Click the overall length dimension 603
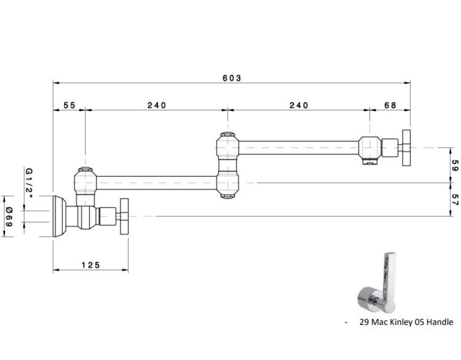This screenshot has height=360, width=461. (x=232, y=78)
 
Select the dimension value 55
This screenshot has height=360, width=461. (x=69, y=105)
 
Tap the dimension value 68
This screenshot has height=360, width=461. (x=390, y=105)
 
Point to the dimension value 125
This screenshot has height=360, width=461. (x=91, y=265)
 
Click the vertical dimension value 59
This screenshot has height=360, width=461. (x=455, y=165)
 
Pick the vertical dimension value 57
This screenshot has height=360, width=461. (x=455, y=200)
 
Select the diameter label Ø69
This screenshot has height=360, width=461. (x=9, y=217)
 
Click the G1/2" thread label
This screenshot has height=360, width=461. (x=29, y=183)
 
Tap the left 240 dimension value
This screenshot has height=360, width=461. (x=157, y=105)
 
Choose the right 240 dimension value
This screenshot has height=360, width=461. (x=299, y=105)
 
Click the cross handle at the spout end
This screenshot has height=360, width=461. (x=406, y=148)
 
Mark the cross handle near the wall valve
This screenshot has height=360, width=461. (x=124, y=217)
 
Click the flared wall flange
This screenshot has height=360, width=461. (x=59, y=216)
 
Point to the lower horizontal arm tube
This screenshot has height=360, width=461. (x=157, y=183)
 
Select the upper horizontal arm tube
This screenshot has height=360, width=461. (x=299, y=148)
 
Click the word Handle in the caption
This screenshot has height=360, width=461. (x=439, y=322)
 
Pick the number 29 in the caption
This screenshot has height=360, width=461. (x=364, y=322)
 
